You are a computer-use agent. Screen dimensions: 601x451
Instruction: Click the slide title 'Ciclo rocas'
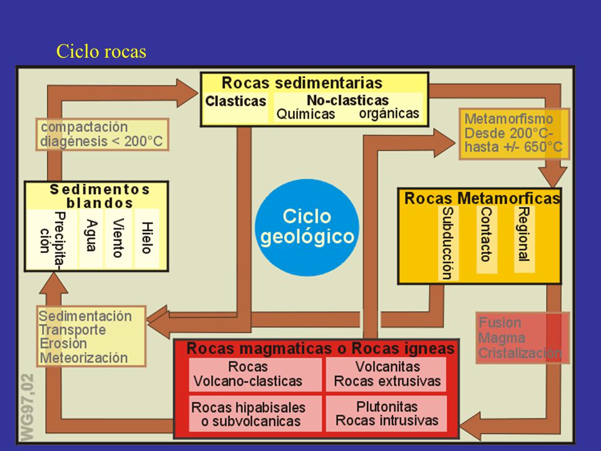tap(101, 51)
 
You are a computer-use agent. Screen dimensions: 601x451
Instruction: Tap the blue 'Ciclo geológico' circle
tap(307, 227)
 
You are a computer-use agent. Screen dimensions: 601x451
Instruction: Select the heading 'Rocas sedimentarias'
tap(302, 83)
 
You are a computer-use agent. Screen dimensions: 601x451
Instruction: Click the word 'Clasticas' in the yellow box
tap(236, 101)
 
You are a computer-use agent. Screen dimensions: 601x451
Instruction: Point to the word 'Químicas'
tap(306, 114)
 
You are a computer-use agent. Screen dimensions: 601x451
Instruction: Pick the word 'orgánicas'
tap(389, 113)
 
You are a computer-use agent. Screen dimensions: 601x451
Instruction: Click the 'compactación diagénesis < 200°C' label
tap(102, 134)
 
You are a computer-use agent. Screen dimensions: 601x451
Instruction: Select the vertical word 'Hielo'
tap(147, 238)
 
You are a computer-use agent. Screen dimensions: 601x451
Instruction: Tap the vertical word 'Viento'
tap(118, 238)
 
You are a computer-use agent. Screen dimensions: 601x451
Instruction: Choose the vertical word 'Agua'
tap(91, 236)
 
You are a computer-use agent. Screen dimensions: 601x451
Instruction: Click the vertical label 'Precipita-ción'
tap(52, 239)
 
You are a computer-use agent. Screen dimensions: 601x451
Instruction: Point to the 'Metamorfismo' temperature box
tap(514, 133)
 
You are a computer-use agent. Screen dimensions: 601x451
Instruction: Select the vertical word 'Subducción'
tap(447, 244)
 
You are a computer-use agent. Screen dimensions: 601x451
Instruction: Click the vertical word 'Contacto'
tap(486, 234)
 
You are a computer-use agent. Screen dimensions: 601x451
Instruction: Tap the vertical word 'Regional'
tap(523, 234)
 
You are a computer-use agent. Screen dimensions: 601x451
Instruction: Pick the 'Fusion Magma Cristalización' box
tap(523, 338)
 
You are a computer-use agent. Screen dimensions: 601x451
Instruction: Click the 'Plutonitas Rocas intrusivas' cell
tap(387, 414)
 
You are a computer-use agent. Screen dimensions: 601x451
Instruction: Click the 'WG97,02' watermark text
tap(27, 407)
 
